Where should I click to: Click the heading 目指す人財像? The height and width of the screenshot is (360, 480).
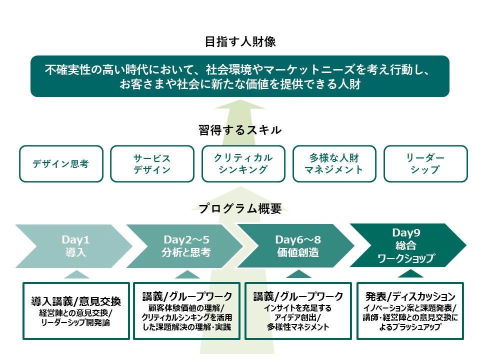240,41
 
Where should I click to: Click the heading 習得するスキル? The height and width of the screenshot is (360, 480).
240,130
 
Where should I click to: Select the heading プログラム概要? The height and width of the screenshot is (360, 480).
240,208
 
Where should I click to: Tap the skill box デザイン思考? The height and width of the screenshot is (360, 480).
61,163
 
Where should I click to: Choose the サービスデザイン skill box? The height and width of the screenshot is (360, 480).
152,163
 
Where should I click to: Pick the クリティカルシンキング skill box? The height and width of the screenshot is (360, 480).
243,163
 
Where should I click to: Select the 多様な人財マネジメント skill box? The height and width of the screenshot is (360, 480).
334,163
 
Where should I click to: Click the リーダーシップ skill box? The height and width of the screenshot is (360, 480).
425,163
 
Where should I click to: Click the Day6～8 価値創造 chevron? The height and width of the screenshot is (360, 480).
297,245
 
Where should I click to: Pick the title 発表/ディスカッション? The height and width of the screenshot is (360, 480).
410,296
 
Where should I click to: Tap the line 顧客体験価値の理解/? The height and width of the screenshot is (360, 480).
187,307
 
